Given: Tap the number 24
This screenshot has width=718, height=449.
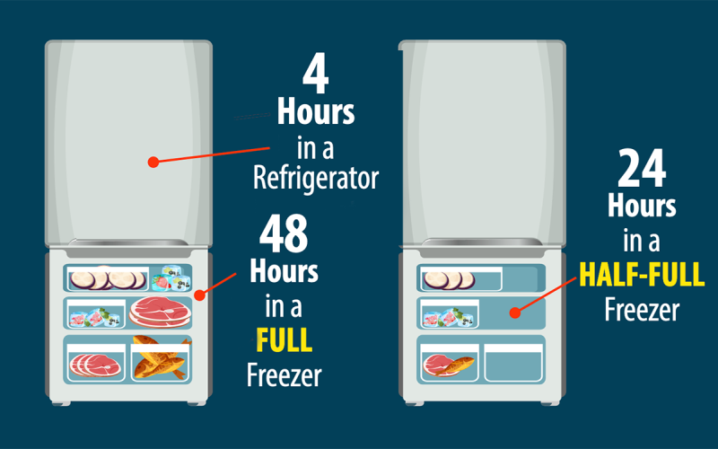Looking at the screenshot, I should [642, 170].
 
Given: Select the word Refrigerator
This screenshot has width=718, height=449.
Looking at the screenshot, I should [314, 178].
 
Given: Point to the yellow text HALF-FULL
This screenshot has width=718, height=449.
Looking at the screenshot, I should [642, 274].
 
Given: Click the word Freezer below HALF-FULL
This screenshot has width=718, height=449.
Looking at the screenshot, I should [642, 310].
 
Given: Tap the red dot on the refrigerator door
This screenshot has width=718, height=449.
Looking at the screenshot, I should [153, 163].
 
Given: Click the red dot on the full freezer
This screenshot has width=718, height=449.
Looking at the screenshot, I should [200, 293].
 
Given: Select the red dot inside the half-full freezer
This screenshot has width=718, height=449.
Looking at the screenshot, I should [512, 313].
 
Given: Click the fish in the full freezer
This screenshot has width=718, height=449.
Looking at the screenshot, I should [161, 357].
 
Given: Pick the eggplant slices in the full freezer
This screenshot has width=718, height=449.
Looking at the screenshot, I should [106, 278].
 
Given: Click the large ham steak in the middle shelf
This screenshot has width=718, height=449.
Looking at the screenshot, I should [160, 312].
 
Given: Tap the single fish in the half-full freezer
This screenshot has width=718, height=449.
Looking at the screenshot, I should [459, 365].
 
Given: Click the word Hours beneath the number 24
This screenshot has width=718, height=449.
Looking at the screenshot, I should [642, 206].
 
